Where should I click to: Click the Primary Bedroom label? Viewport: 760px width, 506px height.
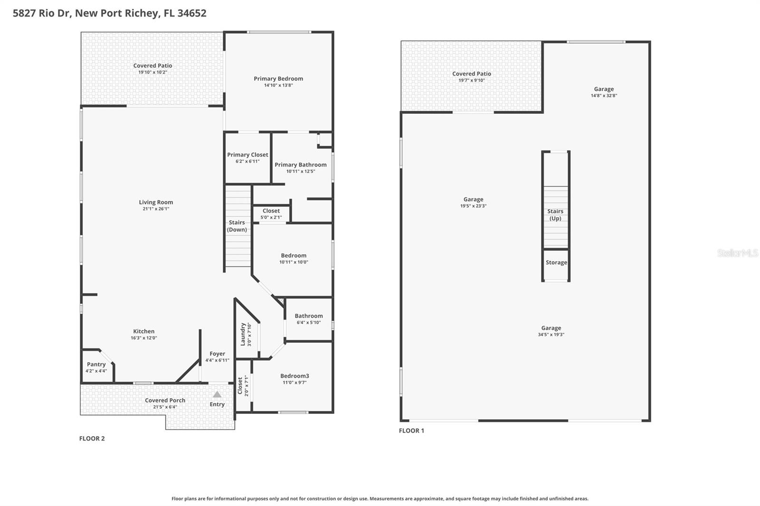[278, 79]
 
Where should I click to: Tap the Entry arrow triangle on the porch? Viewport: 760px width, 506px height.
[217, 394]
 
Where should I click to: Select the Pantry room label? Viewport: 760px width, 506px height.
[96, 365]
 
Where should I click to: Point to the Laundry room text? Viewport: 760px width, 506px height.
[243, 334]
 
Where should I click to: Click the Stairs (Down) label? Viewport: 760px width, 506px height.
[237, 226]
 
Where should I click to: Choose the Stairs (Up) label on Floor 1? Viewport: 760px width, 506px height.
[555, 215]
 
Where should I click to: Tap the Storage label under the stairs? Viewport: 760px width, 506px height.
[556, 262]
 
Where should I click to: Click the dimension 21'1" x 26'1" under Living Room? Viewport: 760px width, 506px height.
[156, 209]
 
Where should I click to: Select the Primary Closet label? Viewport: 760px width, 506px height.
[247, 155]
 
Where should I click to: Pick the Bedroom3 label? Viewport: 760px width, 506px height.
[294, 376]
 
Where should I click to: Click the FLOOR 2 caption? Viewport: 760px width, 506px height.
[92, 439]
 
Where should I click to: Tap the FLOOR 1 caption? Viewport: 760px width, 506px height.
[411, 431]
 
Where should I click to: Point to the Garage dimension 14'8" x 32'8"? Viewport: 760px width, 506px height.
[604, 95]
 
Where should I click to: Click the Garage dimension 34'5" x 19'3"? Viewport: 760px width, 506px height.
[551, 335]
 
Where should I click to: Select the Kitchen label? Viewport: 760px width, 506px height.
[143, 331]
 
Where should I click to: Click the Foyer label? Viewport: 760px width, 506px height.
[217, 354]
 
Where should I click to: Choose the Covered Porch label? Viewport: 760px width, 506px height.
[165, 400]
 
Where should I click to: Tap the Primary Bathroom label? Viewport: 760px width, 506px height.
[300, 165]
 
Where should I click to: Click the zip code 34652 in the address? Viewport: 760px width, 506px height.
[192, 13]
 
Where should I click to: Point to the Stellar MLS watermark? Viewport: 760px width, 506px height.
[737, 253]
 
